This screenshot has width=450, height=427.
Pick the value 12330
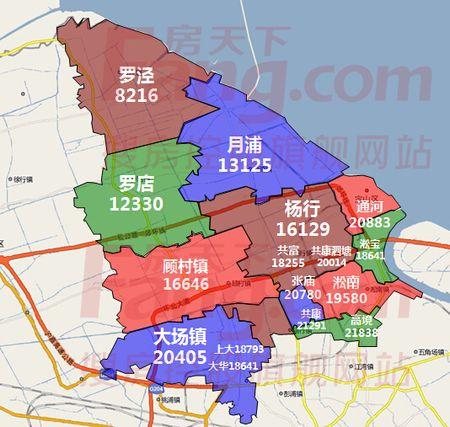[139, 204]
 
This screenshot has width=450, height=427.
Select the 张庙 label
[304, 282]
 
